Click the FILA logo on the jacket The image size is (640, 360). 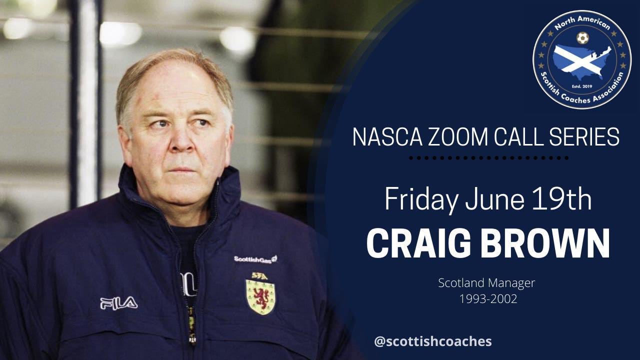(119, 303)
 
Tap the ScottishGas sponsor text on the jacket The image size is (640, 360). (255, 259)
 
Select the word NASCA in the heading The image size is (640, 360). (387, 137)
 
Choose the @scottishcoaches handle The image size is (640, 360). (433, 341)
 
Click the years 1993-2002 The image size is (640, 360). (488, 299)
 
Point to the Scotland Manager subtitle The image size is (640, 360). (486, 283)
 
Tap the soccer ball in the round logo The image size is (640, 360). (582, 38)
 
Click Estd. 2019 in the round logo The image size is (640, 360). (581, 86)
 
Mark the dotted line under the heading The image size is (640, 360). (489, 158)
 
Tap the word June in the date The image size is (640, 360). (494, 199)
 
